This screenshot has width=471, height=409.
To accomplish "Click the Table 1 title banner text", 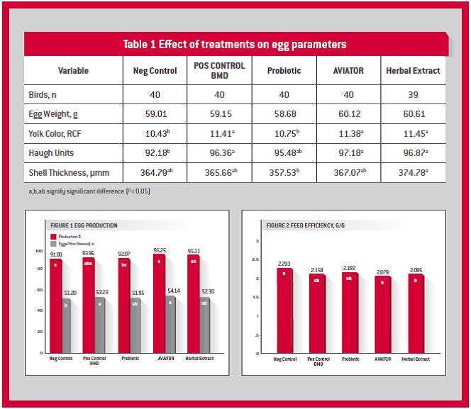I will point(235,44).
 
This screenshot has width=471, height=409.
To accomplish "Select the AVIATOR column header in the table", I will point(348,71).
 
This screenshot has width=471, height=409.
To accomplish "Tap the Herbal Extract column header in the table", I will point(413,71).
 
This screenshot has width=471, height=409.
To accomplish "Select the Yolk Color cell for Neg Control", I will point(155,133).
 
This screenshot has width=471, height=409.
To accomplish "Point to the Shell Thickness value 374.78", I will point(413,172).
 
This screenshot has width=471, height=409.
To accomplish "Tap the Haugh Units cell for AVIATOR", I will point(348,152).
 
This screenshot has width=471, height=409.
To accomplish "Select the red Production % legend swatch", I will point(52,235).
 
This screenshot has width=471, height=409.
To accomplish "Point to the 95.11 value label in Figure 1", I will point(193,250).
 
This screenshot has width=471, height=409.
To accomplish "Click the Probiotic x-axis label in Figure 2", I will point(350,359).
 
